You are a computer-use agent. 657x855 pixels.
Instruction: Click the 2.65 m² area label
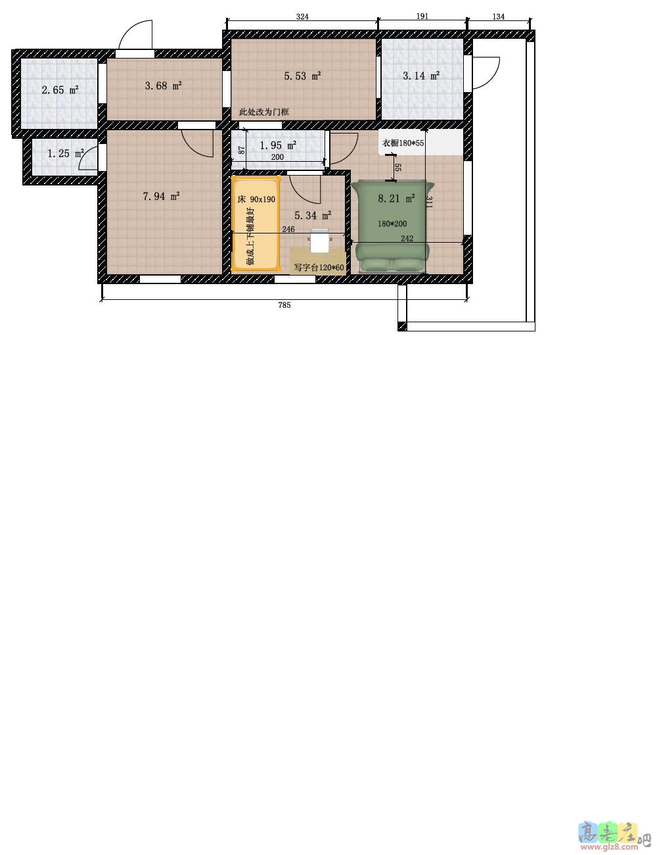pyautogui.click(x=60, y=89)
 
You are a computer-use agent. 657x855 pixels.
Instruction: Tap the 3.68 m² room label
pyautogui.click(x=164, y=85)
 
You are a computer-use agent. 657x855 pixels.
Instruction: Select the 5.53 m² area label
pyautogui.click(x=303, y=76)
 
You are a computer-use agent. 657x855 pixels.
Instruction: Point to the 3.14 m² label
pyautogui.click(x=421, y=76)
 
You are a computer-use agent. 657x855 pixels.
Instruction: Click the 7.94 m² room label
pyautogui.click(x=162, y=195)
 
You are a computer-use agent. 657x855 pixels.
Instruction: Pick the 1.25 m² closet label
pyautogui.click(x=66, y=153)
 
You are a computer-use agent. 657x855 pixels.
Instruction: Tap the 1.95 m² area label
pyautogui.click(x=278, y=145)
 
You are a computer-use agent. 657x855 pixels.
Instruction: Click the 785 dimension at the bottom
pyautogui.click(x=284, y=305)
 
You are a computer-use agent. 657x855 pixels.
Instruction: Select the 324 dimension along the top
pyautogui.click(x=302, y=16)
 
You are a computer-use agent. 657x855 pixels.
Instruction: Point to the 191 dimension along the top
pyautogui.click(x=422, y=16)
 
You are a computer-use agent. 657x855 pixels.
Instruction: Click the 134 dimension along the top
pyautogui.click(x=498, y=16)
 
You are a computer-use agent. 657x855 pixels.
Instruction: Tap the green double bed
pyautogui.click(x=390, y=227)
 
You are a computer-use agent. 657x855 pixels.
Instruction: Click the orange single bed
pyautogui.click(x=256, y=224)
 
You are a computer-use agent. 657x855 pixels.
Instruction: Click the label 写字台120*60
pyautogui.click(x=319, y=268)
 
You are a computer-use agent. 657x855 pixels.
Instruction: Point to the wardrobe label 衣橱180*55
pyautogui.click(x=403, y=143)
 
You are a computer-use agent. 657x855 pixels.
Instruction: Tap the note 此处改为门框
pyautogui.click(x=264, y=112)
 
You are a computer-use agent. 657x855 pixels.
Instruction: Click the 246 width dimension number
pyautogui.click(x=288, y=229)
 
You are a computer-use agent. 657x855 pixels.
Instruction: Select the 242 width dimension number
pyautogui.click(x=407, y=238)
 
